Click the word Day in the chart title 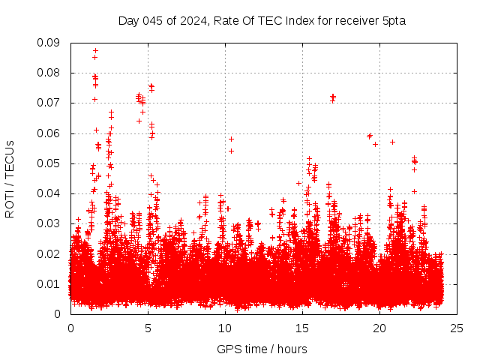pos(128,20)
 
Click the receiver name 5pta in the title pos(393,20)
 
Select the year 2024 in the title pos(191,20)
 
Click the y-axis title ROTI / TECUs pos(10,178)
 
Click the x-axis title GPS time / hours pos(262,349)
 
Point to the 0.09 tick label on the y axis pos(49,43)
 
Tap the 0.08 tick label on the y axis pos(49,73)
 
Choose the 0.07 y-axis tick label pos(49,103)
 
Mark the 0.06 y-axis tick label pos(49,133)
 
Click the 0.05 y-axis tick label pos(49,163)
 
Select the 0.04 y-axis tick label pos(49,193)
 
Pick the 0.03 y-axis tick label pos(49,223)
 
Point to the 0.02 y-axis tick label pos(49,253)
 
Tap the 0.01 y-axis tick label pos(49,283)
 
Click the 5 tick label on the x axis pos(148,328)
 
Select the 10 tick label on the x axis pos(225,328)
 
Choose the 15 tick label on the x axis pos(302,328)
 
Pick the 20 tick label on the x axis pos(379,328)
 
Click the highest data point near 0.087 pos(95,51)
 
